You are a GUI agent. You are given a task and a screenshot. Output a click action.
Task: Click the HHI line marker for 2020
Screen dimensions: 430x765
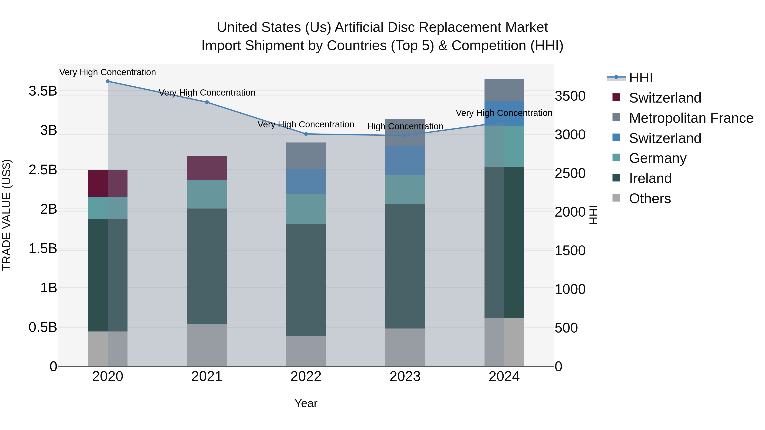pyautogui.click(x=108, y=81)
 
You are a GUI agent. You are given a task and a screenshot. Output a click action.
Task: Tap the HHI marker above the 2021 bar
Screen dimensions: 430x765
pyautogui.click(x=207, y=102)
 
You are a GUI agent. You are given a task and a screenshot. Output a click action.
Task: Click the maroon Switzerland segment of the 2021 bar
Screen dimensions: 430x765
pyautogui.click(x=207, y=168)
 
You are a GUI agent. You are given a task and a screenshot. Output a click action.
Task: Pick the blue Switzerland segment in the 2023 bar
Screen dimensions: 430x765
pyautogui.click(x=405, y=161)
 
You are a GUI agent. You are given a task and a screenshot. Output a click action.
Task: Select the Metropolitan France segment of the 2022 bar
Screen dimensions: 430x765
pyautogui.click(x=306, y=156)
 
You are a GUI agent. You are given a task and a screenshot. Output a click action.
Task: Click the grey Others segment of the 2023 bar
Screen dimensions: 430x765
pyautogui.click(x=405, y=347)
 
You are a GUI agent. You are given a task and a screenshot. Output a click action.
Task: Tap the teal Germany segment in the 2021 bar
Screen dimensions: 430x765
pyautogui.click(x=207, y=194)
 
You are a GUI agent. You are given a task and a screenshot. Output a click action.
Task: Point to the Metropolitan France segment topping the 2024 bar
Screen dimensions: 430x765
pyautogui.click(x=504, y=90)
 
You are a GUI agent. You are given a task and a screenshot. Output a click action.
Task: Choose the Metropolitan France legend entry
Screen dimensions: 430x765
pyautogui.click(x=691, y=118)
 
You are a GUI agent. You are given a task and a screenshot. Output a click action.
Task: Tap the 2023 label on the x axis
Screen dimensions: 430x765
pyautogui.click(x=405, y=376)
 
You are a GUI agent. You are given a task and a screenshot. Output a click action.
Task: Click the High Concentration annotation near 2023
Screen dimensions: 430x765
pyautogui.click(x=405, y=126)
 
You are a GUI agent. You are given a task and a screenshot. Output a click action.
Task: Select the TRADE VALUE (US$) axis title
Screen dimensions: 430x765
pyautogui.click(x=7, y=215)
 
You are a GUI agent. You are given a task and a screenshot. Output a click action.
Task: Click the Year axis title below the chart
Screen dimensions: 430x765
pyautogui.click(x=306, y=403)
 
